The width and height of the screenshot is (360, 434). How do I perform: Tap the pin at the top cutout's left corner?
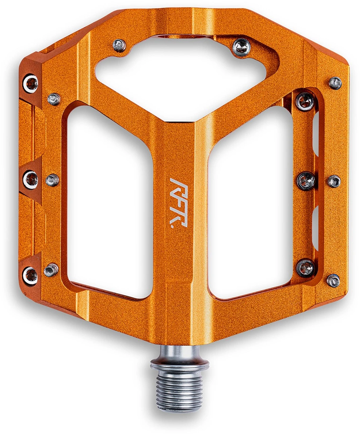pyautogui.click(x=119, y=45)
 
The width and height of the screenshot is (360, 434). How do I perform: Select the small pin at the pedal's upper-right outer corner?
pyautogui.click(x=335, y=83)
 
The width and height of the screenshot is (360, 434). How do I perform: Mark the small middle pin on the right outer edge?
pyautogui.click(x=334, y=181)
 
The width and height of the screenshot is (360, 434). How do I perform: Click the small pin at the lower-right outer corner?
pyautogui.click(x=333, y=280)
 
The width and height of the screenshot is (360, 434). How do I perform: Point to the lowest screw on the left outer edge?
pyautogui.click(x=31, y=273)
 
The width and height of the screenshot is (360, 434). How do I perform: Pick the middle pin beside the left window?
pyautogui.click(x=53, y=180)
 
